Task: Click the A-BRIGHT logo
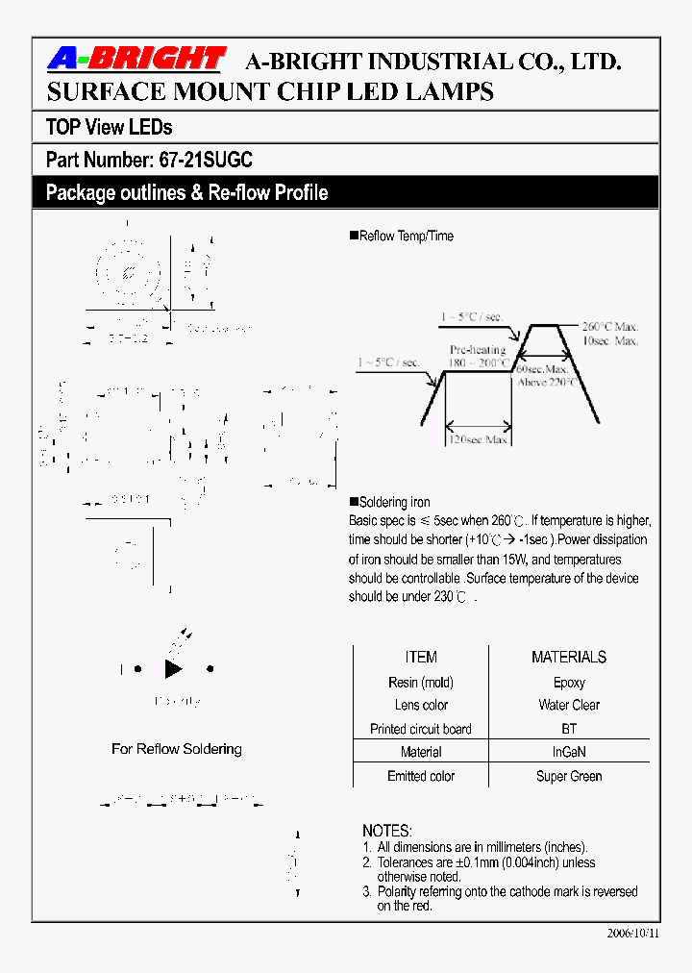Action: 136,60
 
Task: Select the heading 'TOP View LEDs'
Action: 109,127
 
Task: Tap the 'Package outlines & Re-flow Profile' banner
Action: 186,192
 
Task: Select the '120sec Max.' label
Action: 481,439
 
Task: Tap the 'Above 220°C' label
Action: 546,382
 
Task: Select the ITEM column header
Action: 421,658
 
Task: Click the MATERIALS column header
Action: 569,658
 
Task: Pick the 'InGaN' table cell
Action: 569,752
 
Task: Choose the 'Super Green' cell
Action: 569,776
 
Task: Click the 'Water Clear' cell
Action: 569,705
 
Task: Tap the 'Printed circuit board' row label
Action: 421,729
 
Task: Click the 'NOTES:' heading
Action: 387,830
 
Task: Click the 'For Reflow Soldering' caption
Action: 177,748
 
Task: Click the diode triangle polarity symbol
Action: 173,669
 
